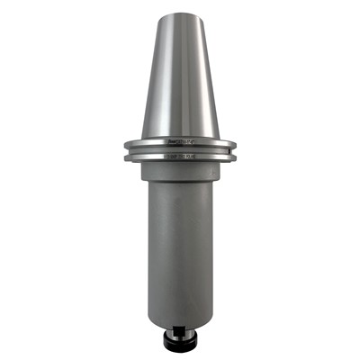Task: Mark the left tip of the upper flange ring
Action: [x=123, y=142]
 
